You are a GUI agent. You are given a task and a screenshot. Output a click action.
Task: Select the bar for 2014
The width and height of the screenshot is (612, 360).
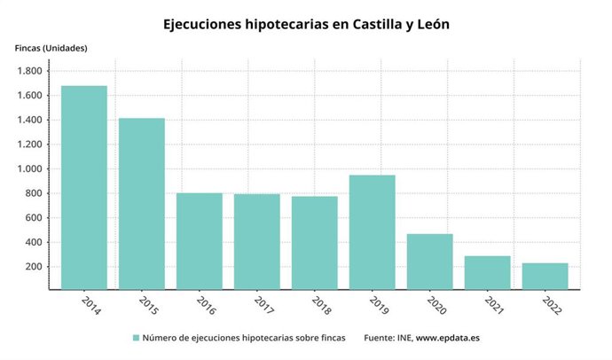(84, 187)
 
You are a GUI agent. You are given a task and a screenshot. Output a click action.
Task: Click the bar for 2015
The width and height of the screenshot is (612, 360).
(142, 203)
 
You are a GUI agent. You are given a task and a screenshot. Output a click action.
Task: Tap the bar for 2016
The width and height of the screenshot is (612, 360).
(200, 240)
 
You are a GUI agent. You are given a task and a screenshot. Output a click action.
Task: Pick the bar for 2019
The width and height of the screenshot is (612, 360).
(373, 231)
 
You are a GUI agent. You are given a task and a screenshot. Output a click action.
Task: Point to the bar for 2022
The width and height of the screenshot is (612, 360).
(545, 276)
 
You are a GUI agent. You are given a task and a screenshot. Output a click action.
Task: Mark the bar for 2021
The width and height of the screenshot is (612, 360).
(488, 272)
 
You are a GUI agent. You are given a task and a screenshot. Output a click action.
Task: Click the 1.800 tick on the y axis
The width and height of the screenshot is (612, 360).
(30, 71)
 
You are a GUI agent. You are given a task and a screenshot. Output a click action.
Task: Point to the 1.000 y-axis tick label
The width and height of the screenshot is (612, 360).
(30, 168)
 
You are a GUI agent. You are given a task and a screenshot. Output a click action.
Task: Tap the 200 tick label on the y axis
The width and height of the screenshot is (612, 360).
(35, 266)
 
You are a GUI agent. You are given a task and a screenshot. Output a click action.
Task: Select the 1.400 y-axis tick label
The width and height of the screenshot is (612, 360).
(30, 120)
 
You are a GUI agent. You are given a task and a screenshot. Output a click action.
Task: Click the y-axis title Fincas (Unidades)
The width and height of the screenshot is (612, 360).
(51, 47)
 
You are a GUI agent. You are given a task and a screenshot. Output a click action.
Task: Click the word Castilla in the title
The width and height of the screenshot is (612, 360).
(365, 24)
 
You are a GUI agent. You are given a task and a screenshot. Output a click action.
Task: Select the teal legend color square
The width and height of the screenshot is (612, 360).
(137, 338)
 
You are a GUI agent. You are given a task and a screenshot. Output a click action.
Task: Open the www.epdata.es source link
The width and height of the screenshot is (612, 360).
(448, 338)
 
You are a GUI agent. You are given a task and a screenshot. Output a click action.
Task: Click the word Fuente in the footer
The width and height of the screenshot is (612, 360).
(380, 338)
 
